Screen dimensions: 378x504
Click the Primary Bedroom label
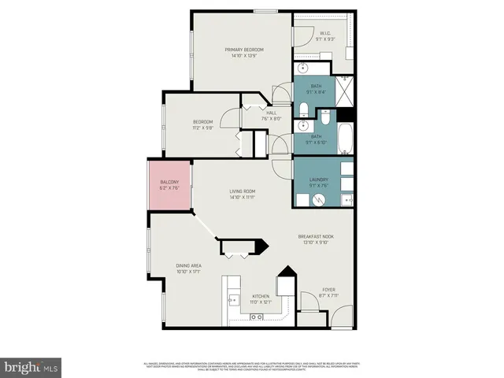(243, 50)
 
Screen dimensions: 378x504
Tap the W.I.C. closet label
(324, 33)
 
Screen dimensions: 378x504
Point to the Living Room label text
(242, 191)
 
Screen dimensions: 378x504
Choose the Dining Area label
(188, 266)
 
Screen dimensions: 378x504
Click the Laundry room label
(318, 180)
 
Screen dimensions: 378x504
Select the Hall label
(271, 113)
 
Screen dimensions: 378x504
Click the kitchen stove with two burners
(257, 316)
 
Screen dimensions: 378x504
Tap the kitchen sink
(232, 299)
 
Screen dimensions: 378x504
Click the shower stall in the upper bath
(346, 86)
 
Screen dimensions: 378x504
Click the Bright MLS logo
(31, 367)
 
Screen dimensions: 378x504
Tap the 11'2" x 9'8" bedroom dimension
(203, 128)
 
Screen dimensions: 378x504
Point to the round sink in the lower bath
(302, 126)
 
